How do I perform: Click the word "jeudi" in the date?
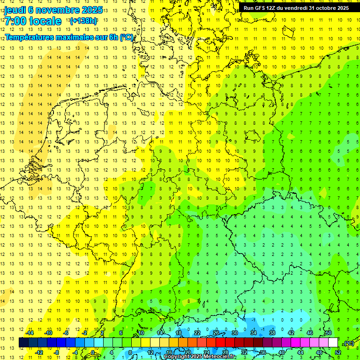15,10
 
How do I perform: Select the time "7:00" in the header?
15,21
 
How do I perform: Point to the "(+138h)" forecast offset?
83,21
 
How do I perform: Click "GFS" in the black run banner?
261,8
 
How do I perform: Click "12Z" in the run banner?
274,8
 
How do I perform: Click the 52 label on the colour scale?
338,352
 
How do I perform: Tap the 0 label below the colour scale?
93,352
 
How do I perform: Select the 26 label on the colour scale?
216,333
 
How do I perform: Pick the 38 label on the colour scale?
272,333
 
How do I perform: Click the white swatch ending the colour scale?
333,343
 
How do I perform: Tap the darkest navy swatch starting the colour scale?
23,343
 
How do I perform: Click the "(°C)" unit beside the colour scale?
348,343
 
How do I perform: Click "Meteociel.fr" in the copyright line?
217,357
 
